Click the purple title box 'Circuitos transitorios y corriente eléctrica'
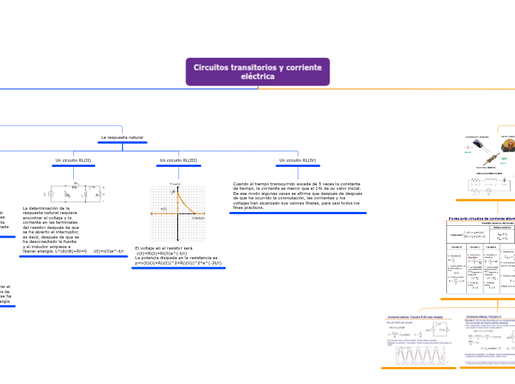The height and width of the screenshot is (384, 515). tap(258, 72)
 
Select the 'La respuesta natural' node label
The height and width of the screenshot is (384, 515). tap(122, 138)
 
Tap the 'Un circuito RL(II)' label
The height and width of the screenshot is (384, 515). tap(73, 160)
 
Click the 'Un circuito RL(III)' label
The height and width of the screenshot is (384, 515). tap(178, 160)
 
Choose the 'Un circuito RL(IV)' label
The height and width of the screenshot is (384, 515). tap(297, 160)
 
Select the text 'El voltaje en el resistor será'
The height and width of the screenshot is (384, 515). tap(163, 248)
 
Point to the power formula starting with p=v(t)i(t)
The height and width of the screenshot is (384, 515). tap(177, 262)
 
